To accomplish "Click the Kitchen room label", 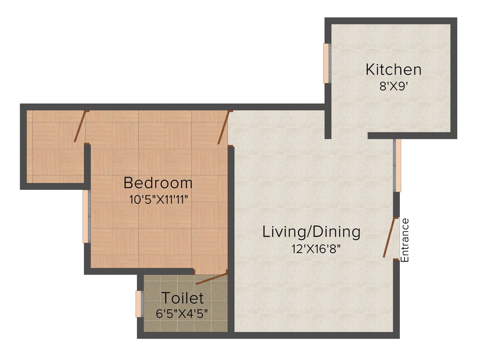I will [x=393, y=70].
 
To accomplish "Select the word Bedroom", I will [x=158, y=182].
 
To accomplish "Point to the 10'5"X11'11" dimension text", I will [x=158, y=199].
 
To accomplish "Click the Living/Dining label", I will [x=311, y=232].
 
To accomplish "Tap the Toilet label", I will [x=182, y=298].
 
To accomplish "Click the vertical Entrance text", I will [x=405, y=240].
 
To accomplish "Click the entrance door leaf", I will [x=390, y=238].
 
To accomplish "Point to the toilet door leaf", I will [x=211, y=278].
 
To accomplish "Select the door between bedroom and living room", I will [x=224, y=127].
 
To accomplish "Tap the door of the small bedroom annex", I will [x=81, y=126].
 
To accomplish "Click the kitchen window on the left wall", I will [x=326, y=63].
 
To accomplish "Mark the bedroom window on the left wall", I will [x=86, y=216].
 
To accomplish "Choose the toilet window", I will [x=139, y=304].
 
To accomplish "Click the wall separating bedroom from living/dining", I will [x=231, y=211].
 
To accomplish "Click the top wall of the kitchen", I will [x=391, y=21].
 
